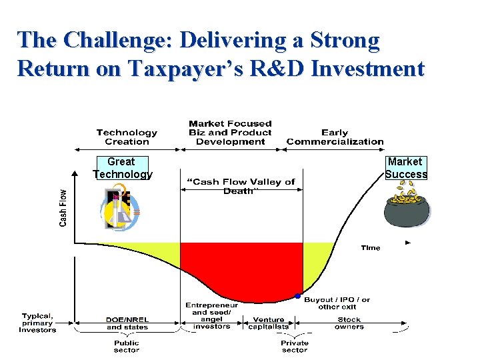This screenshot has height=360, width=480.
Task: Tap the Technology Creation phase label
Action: pos(127,137)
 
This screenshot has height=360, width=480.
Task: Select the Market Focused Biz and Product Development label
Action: pos(231,133)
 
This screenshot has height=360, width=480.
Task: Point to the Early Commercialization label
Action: pos(335,137)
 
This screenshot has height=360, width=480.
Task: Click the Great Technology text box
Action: pos(122,168)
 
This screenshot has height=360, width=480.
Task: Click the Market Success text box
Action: pos(405,168)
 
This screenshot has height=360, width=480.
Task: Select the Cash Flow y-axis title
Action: pos(63,207)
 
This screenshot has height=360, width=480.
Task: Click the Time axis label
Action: pos(371,248)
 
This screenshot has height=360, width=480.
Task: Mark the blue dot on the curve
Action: pos(297,295)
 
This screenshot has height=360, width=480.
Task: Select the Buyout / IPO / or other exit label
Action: pos(337,303)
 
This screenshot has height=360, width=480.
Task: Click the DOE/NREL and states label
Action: pos(127,323)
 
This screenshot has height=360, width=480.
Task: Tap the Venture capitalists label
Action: pos(269,323)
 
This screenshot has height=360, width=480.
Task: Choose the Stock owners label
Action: pos(349,323)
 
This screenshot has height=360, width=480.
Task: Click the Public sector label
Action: pos(127,347)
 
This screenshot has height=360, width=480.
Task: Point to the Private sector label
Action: pos(295,347)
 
